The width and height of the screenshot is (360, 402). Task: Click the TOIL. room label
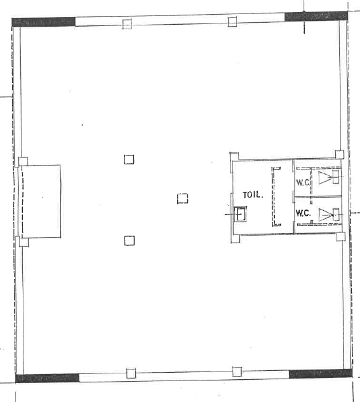coord(253,195)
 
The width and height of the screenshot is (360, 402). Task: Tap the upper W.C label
coord(303,182)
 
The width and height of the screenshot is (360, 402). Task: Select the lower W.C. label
coord(303,213)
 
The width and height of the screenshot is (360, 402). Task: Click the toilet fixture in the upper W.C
coord(330,177)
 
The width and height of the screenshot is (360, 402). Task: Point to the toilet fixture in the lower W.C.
coord(330,215)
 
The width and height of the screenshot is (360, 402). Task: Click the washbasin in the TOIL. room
coord(241,214)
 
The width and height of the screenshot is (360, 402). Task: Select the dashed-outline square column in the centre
coord(182,198)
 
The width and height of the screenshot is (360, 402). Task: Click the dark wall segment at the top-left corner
coord(44,22)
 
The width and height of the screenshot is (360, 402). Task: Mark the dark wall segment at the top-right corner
coord(316,17)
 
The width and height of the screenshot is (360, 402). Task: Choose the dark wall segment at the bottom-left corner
coord(48,378)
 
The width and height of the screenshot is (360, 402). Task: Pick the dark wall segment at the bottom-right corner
coord(321,373)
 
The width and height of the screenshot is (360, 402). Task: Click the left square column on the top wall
coord(127,24)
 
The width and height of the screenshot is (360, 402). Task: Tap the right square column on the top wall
coord(232,22)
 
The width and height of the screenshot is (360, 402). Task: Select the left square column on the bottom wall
coord(131,373)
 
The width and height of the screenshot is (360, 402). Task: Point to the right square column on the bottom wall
coord(237,372)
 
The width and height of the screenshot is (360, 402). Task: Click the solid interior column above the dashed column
coord(129,159)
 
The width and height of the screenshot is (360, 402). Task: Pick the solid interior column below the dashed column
coord(130,241)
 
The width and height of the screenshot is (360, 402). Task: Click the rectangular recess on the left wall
coord(41,201)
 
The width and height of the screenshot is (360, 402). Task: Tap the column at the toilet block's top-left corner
coord(234,157)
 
